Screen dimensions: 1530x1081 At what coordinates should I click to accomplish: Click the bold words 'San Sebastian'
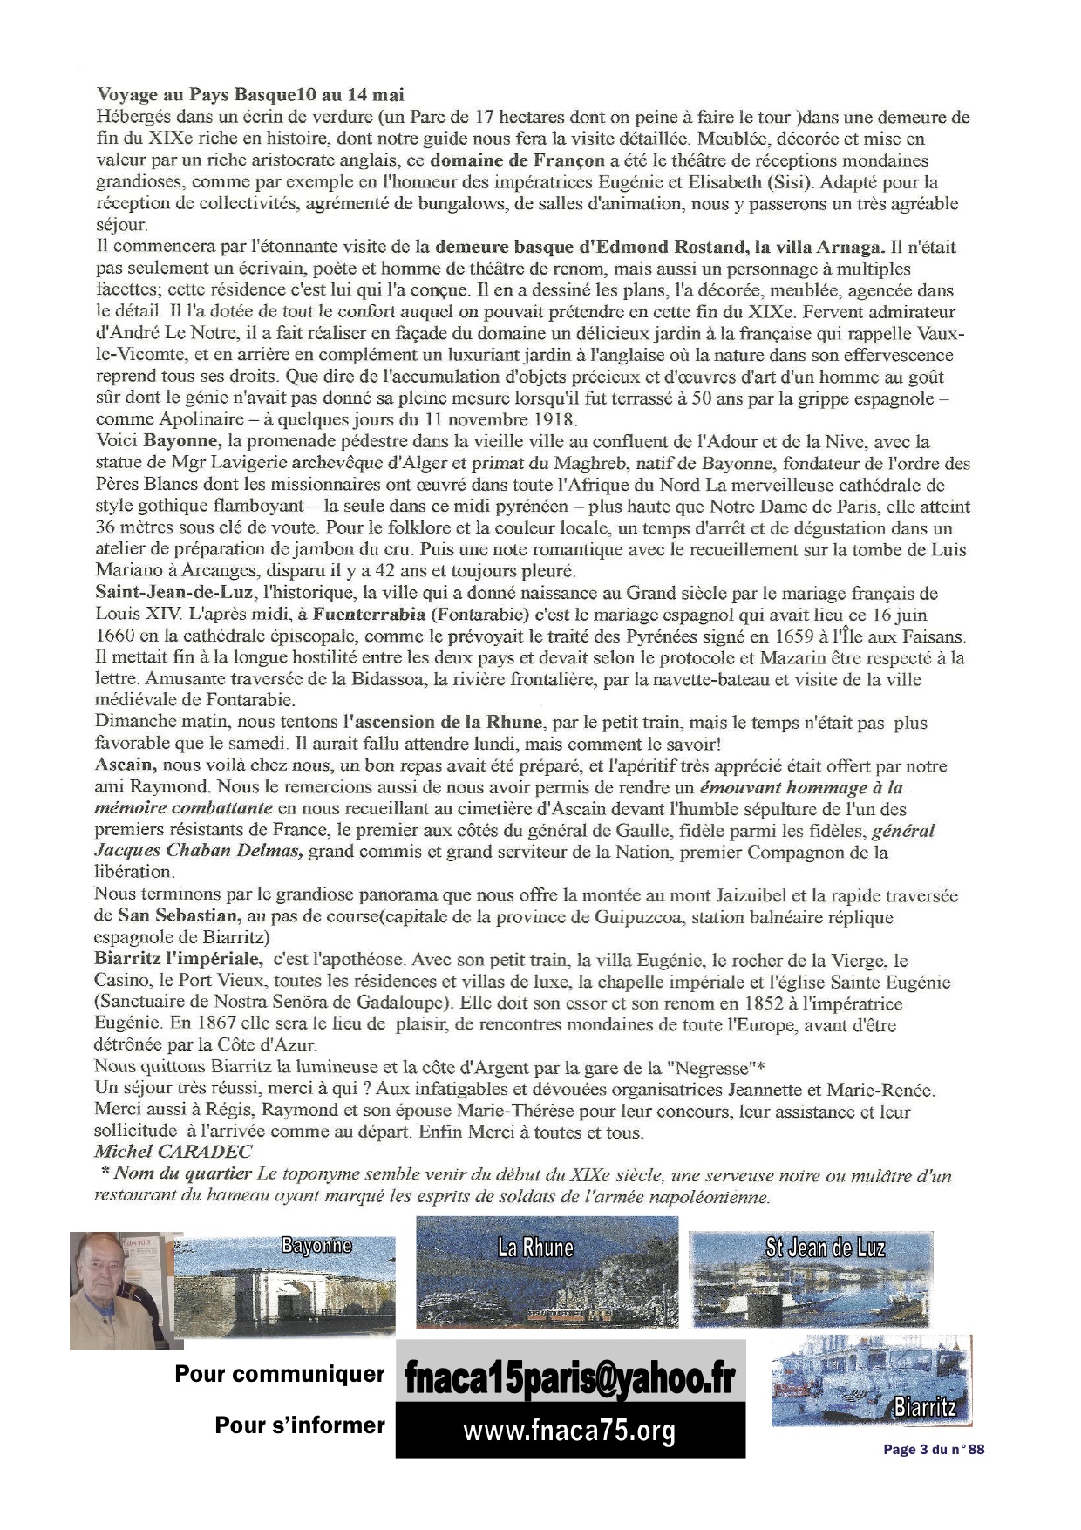178,916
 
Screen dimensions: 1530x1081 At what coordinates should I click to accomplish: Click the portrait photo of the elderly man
114,1289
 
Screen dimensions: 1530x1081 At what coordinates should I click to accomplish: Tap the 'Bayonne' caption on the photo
316,1244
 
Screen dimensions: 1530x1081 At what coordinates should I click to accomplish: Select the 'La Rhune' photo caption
534,1248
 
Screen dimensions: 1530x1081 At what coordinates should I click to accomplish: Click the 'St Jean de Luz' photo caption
824,1248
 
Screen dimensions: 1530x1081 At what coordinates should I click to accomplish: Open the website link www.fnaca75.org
569,1431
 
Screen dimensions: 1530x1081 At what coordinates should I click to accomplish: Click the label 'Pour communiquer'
280,1374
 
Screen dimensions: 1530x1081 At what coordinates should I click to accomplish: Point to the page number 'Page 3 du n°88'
934,1450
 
